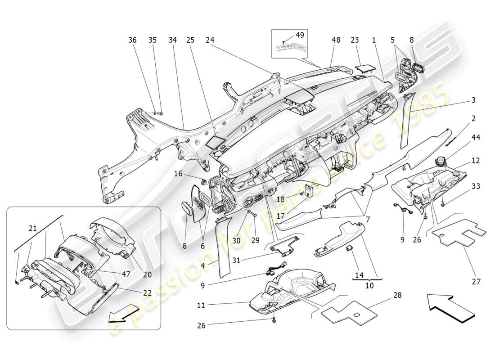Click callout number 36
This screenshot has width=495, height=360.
click(132, 40)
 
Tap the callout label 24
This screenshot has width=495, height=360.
click(209, 40)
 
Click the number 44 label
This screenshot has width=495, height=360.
click(476, 137)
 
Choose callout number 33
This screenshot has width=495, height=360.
click(476, 186)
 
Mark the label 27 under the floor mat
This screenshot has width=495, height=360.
click(476, 282)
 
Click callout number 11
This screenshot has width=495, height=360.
click(201, 306)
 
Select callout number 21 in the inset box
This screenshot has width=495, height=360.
click(33, 229)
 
